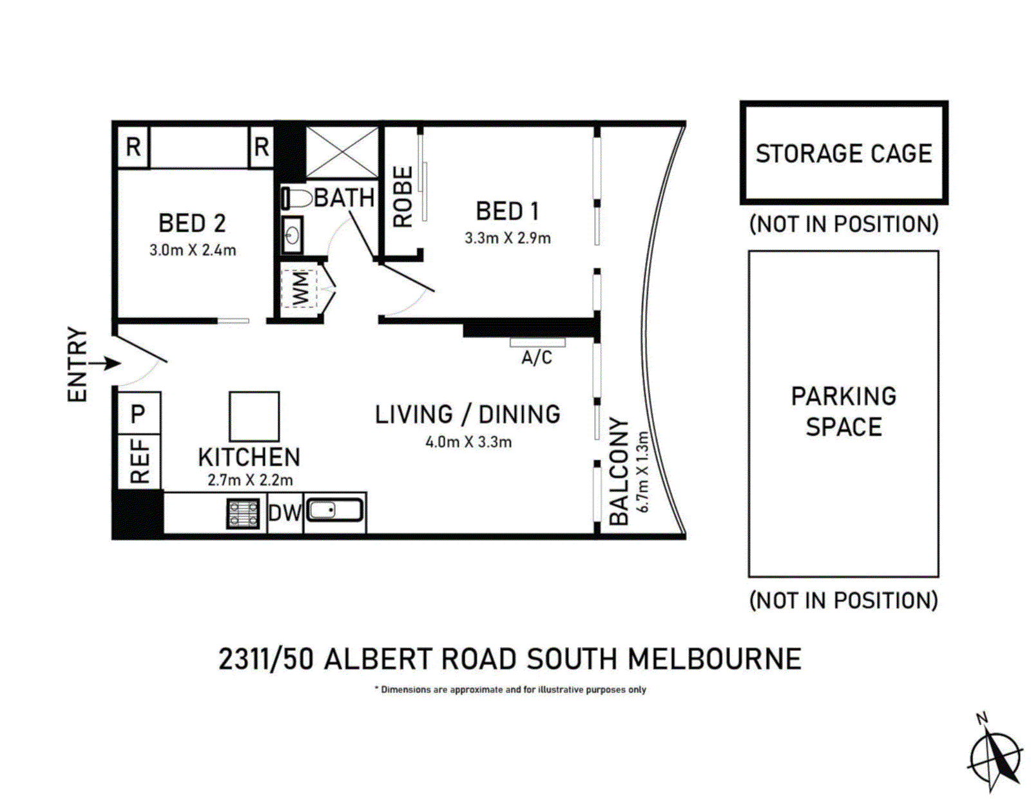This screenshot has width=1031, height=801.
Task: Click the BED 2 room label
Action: click(x=192, y=223)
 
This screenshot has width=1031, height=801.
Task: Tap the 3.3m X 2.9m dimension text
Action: click(x=507, y=238)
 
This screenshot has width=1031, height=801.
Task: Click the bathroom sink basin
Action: click(x=293, y=236)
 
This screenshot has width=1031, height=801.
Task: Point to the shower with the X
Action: click(x=342, y=153)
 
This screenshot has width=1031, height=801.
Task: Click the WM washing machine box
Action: click(x=300, y=288)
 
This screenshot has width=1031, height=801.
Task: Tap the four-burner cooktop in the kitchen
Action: click(x=244, y=513)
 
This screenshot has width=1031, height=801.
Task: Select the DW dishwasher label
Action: click(x=284, y=513)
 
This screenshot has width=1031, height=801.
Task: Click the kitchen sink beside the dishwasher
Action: click(x=334, y=511)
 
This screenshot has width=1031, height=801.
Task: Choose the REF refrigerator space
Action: click(x=139, y=461)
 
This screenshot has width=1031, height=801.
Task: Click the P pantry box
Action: click(x=139, y=413)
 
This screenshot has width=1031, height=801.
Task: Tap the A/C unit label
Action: click(x=537, y=357)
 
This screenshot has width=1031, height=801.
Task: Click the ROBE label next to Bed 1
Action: click(x=403, y=196)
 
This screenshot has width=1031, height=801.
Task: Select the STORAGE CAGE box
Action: click(x=843, y=153)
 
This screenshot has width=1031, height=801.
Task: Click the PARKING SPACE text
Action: click(x=843, y=411)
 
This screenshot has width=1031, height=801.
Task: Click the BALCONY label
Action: click(x=619, y=471)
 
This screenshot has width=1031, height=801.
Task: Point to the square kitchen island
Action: click(x=254, y=417)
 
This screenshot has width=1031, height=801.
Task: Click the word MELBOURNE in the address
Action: click(x=715, y=659)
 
